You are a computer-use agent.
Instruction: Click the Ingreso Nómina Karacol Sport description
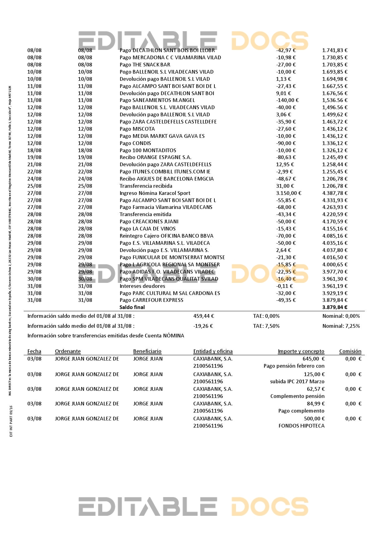coord(155,193)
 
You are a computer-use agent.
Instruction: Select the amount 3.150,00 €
coord(288,193)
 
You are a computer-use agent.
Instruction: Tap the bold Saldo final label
coord(132,307)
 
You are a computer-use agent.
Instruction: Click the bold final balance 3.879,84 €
coord(335,307)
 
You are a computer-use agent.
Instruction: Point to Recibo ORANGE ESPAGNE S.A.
coord(155,157)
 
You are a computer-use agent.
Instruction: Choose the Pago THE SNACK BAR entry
coord(145,65)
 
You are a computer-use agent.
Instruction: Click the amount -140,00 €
coord(287,100)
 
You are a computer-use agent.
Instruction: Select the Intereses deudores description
coord(142,286)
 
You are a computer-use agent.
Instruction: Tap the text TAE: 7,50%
coord(266,326)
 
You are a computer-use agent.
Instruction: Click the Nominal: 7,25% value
coord(341,326)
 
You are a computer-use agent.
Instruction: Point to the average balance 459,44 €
coord(203,316)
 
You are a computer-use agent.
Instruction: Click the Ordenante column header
coord(68,351)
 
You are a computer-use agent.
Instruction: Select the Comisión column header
coord(350,351)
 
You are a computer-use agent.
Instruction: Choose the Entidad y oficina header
coord(213,351)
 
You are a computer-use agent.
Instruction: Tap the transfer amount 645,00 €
coord(313,359)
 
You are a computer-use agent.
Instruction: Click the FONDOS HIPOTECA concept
coord(301,426)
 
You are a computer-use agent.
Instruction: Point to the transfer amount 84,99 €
coord(316,404)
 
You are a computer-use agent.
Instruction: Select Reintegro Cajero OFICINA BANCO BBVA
coord(166,236)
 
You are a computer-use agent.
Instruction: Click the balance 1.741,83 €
coord(335,50)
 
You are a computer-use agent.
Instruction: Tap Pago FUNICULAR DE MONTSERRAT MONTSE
coord(172,257)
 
